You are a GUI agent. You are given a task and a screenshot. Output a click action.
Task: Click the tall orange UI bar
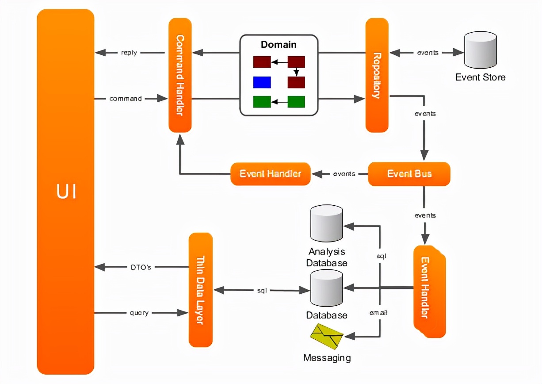[65, 192]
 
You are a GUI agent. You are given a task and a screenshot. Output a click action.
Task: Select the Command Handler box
[180, 75]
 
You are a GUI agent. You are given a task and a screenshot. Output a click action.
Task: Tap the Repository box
[377, 75]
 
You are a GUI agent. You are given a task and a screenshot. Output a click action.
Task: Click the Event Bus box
[409, 174]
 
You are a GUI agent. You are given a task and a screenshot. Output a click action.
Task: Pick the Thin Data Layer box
[200, 290]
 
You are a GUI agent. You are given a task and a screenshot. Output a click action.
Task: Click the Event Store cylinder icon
[479, 50]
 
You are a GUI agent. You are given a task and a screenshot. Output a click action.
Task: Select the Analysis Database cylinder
[327, 224]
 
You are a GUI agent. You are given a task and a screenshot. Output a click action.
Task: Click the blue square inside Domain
[262, 82]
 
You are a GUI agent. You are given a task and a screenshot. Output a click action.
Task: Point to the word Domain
[279, 44]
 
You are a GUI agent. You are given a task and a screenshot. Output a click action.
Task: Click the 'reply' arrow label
[129, 53]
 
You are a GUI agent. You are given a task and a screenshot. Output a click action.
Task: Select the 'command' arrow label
[126, 98]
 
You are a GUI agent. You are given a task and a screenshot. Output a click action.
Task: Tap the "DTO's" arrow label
[141, 267]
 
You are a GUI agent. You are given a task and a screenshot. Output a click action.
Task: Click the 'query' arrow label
[139, 313]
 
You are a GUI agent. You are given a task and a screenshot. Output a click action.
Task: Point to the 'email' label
[378, 313]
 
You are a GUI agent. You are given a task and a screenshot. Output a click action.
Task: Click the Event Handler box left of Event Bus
[270, 174]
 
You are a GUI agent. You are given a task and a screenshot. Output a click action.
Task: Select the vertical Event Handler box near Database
[429, 291]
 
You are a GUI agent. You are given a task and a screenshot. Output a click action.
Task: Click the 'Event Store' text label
[480, 77]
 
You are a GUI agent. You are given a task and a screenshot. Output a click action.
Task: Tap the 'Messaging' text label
[327, 357]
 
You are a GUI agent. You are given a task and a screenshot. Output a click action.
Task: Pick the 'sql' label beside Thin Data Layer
[262, 290]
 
